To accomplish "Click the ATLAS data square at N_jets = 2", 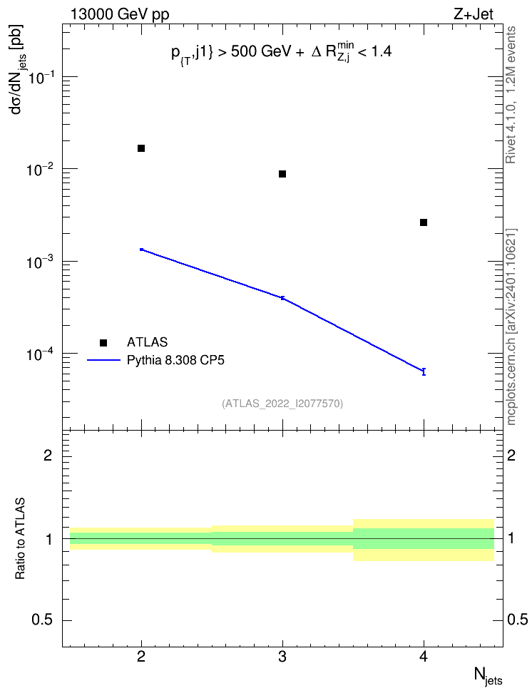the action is point(141,148).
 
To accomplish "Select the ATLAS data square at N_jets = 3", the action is point(282,174).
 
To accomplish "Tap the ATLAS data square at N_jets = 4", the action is point(424,222).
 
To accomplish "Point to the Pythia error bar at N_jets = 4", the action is point(424,371).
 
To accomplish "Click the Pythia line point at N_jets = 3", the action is point(282,298).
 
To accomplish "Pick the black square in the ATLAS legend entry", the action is point(103,342).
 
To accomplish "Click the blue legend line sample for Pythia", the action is point(103,361).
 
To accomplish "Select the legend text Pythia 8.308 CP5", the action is point(175,361).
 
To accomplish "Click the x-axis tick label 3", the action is point(282,657).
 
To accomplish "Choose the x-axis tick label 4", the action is point(424,657).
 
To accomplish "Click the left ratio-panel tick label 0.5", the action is point(42,620).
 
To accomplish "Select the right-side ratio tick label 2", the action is point(511,455).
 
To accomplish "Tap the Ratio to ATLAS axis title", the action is point(20,539).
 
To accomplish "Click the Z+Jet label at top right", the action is point(474,14).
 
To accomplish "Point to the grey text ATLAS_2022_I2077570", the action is point(282,404).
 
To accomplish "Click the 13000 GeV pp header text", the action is point(120,15).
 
